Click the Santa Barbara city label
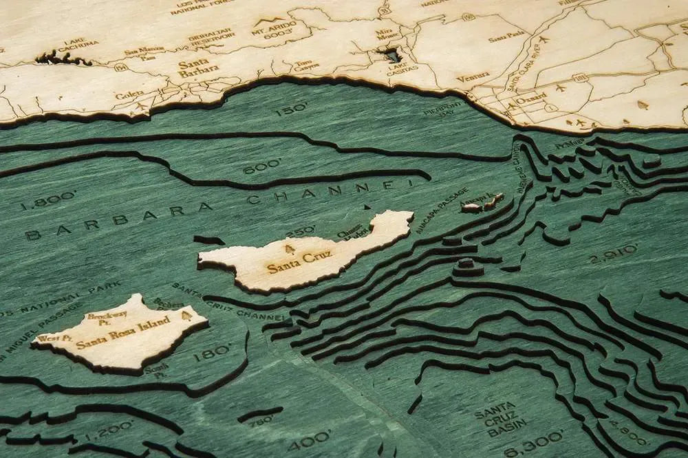(197, 66)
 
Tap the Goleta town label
(129, 95)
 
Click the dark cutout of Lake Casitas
(390, 54)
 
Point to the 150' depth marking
(291, 109)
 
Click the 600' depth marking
(262, 166)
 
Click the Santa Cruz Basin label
(500, 419)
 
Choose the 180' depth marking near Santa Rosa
(212, 353)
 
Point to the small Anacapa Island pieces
(483, 203)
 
